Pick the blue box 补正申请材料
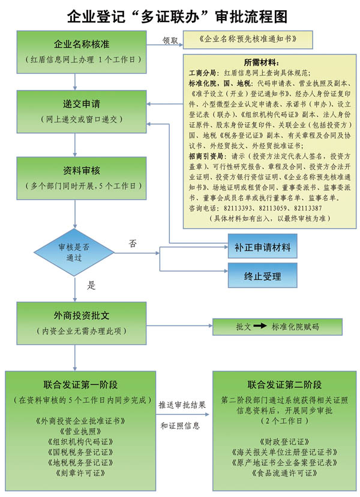coord(262,246)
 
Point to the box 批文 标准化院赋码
coord(277,327)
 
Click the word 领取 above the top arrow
coord(171,40)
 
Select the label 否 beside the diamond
coord(133,243)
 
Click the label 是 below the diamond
coord(92,285)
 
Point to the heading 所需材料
coord(261,62)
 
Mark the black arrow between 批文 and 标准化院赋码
coord(259,327)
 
